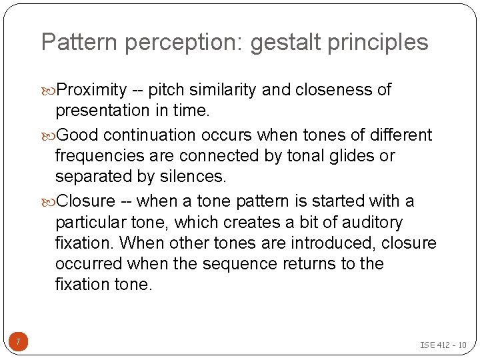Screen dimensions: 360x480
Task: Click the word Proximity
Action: [92, 90]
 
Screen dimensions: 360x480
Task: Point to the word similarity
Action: [224, 90]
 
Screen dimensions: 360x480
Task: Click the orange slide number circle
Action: [19, 343]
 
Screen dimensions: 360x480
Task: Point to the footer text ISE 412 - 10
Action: [443, 345]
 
